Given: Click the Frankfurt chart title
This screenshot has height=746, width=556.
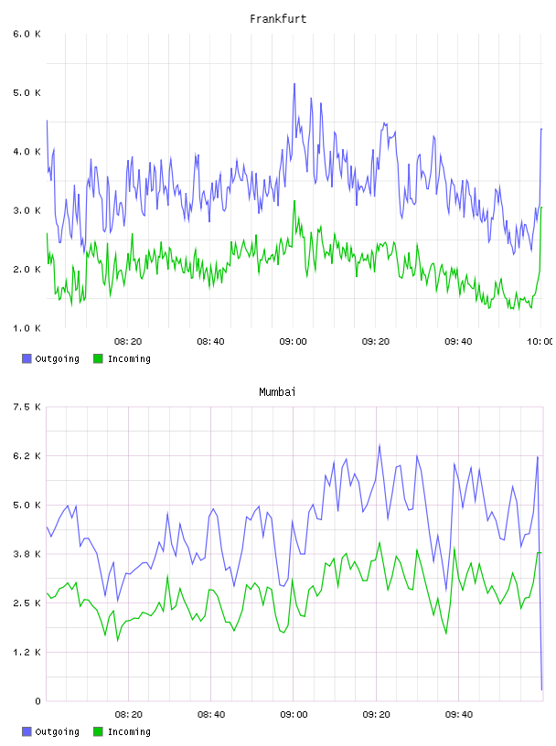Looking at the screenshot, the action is tap(278, 19).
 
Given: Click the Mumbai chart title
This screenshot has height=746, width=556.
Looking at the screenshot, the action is tap(277, 392).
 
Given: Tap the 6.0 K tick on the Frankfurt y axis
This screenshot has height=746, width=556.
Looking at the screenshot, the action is tap(27, 34).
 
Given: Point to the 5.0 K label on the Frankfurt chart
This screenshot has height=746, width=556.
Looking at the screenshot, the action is tap(27, 92).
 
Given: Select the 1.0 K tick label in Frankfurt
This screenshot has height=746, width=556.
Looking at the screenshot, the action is tap(27, 328).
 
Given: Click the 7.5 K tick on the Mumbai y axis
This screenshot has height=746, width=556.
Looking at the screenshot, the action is tap(27, 407).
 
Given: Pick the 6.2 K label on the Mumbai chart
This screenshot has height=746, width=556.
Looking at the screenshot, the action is tap(27, 456).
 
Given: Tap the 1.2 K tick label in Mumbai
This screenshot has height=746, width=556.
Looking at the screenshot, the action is tap(27, 652).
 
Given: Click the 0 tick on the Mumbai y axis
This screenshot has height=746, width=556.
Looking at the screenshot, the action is tap(37, 701).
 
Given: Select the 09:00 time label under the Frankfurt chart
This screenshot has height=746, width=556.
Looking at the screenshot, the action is tap(294, 342).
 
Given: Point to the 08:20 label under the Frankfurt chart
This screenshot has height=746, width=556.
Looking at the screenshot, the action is tap(128, 342).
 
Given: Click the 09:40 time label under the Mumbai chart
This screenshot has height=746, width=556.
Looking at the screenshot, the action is tap(459, 715).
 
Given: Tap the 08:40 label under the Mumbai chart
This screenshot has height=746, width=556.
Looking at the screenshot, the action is tap(211, 715).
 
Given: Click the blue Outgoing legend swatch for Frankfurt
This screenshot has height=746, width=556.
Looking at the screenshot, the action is tap(27, 358).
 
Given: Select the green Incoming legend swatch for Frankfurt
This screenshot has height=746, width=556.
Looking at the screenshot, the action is tap(98, 358).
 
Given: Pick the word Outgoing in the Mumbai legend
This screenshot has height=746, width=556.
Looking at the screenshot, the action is tap(57, 731).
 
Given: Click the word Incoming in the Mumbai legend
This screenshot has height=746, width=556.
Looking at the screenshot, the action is tap(129, 731).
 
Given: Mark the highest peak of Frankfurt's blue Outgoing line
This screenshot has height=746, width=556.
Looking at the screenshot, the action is tap(294, 84).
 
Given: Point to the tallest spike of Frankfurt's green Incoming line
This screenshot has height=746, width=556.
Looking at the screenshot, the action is tap(294, 201).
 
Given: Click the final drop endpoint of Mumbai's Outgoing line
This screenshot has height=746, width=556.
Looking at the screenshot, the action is tap(541, 689).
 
